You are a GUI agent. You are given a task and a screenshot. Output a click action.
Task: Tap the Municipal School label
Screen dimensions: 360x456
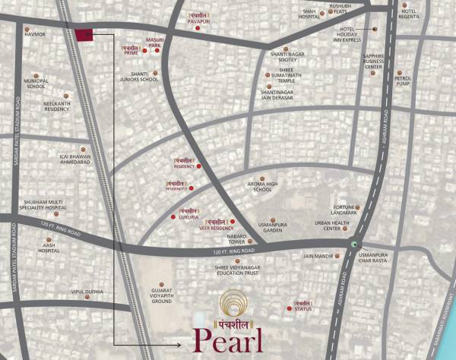pyautogui.click(x=36, y=84)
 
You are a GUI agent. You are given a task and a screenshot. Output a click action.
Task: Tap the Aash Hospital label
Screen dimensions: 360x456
pyautogui.click(x=49, y=248)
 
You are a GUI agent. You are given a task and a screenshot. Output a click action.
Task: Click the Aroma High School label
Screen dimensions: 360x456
pyautogui.click(x=262, y=187)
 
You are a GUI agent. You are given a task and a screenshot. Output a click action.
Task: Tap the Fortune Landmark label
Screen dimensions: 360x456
pyautogui.click(x=344, y=210)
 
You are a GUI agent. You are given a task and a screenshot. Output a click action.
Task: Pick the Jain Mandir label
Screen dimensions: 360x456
pyautogui.click(x=319, y=256)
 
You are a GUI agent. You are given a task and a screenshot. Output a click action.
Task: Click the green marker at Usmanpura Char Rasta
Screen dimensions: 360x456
pyautogui.click(x=354, y=244)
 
